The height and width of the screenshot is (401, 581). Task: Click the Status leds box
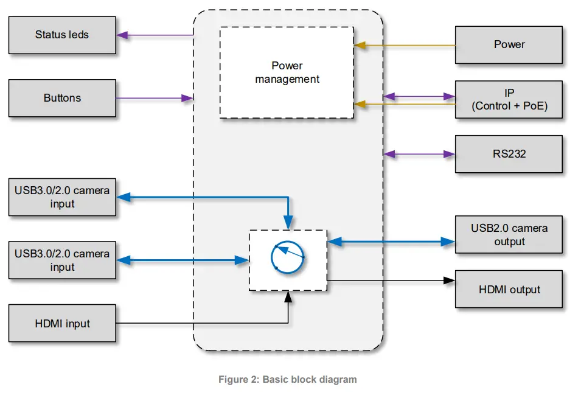point(61,35)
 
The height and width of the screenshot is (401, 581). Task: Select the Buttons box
point(61,98)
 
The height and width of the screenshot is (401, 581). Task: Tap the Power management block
point(287,72)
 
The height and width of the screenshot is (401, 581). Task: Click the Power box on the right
point(509,45)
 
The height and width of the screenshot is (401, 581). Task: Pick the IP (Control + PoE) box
point(509,100)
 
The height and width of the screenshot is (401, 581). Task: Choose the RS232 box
point(509,155)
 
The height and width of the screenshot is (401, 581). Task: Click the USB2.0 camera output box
point(509,235)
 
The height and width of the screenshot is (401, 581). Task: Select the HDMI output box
point(509,290)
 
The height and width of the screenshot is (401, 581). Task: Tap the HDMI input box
point(61,324)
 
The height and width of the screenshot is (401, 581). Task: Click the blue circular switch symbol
point(288,257)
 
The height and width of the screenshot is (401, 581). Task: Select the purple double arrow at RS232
point(420,155)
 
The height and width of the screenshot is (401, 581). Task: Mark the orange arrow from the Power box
point(405,45)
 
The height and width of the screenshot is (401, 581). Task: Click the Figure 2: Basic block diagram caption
point(287,380)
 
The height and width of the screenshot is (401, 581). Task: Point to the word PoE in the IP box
point(533,106)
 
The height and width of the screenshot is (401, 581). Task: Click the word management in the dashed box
point(287,79)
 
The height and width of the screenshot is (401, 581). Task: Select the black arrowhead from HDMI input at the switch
point(288,296)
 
